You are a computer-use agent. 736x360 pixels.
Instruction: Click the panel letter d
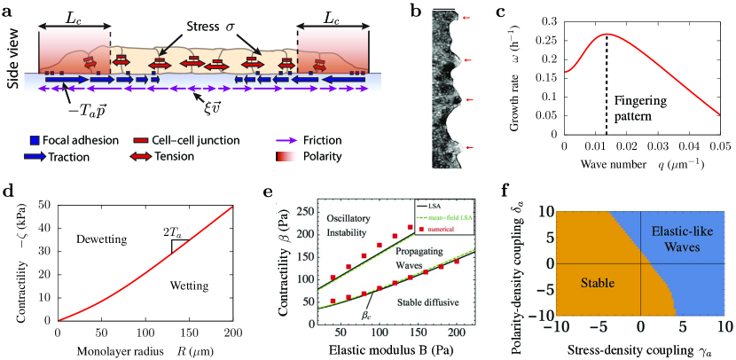pos(7,192)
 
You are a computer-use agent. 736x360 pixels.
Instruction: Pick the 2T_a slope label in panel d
pos(200,233)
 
